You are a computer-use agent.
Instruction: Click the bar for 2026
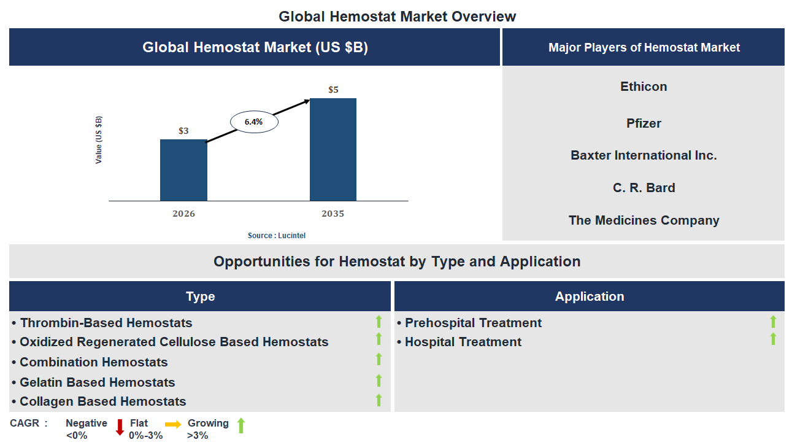(x=183, y=170)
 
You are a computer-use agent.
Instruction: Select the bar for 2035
(x=333, y=149)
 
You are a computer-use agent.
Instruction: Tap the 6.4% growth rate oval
(x=253, y=122)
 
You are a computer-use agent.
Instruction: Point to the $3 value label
(x=183, y=131)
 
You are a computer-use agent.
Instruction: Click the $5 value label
(x=333, y=90)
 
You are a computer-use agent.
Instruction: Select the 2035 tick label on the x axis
(x=333, y=214)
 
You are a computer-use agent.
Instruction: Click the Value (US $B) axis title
(x=99, y=139)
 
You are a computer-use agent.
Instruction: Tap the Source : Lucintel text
(x=276, y=236)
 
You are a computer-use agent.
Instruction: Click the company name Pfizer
(x=644, y=123)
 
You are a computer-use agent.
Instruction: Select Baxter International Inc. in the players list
(x=644, y=155)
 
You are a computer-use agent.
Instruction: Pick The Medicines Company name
(x=644, y=220)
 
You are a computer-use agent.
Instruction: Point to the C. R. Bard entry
(x=644, y=188)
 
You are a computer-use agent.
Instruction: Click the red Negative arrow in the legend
(x=120, y=427)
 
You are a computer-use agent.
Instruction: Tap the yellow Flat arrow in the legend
(x=173, y=424)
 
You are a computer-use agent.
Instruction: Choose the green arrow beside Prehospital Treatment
(x=773, y=322)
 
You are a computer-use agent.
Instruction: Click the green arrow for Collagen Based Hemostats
(x=379, y=400)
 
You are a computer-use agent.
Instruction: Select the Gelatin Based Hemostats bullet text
(x=97, y=382)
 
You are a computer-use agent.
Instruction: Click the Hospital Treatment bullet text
(x=463, y=342)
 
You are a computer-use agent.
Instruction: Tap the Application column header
(x=589, y=296)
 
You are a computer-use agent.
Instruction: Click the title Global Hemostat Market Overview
(x=397, y=17)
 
